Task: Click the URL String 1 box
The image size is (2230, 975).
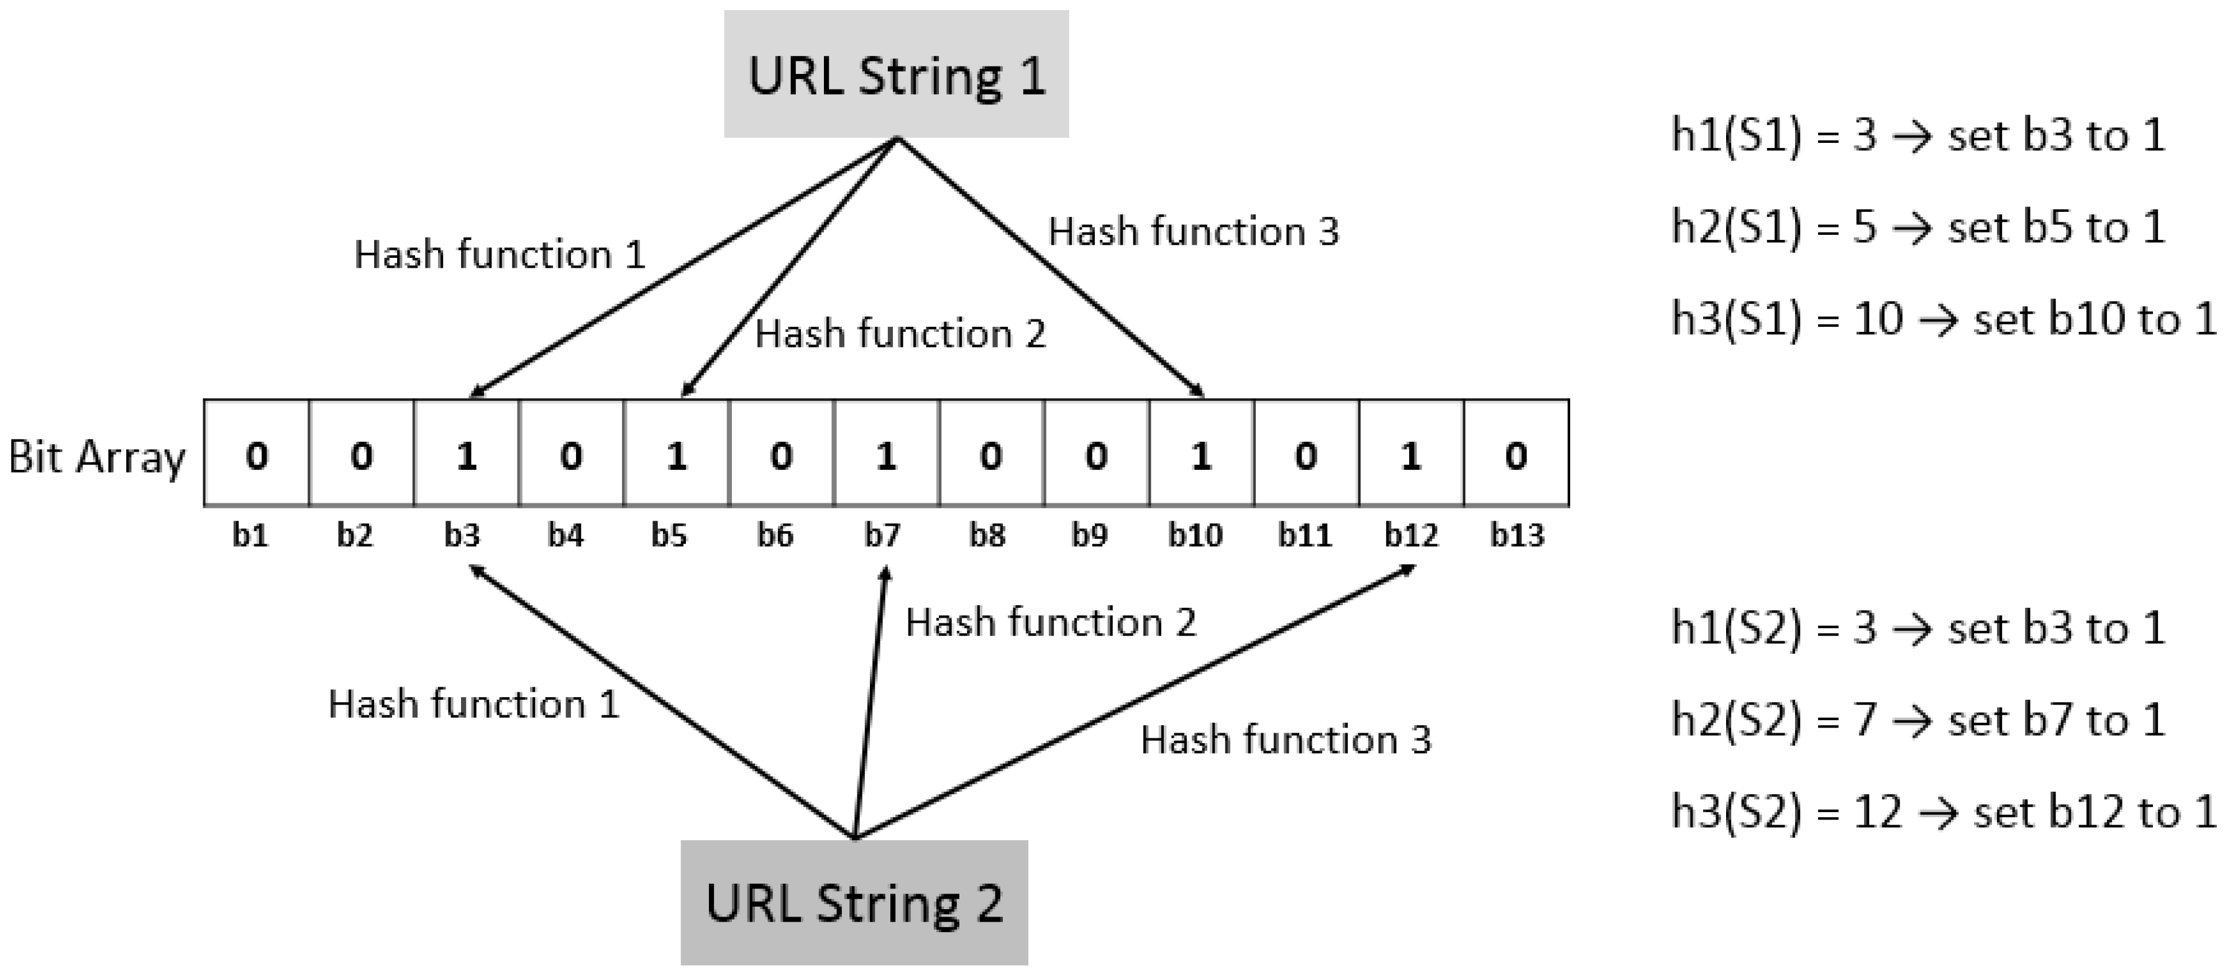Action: pyautogui.click(x=896, y=75)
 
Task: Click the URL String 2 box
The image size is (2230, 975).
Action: pyautogui.click(x=854, y=902)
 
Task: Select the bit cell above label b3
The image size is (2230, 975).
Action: pyautogui.click(x=466, y=453)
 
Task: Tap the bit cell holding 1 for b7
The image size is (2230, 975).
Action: pyautogui.click(x=885, y=453)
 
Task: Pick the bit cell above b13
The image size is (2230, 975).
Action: pyautogui.click(x=1516, y=453)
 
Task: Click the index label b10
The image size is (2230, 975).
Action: pyautogui.click(x=1195, y=535)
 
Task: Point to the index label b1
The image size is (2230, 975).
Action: pyautogui.click(x=250, y=535)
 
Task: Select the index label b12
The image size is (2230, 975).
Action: pyautogui.click(x=1410, y=535)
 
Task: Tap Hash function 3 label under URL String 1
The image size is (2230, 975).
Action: pyautogui.click(x=1194, y=231)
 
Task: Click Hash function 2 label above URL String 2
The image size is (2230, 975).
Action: pyautogui.click(x=1050, y=621)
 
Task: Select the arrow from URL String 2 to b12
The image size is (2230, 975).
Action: pyautogui.click(x=1134, y=702)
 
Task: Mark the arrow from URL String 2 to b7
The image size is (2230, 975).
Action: pyautogui.click(x=870, y=702)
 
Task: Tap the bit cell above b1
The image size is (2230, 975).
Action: pyautogui.click(x=256, y=453)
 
